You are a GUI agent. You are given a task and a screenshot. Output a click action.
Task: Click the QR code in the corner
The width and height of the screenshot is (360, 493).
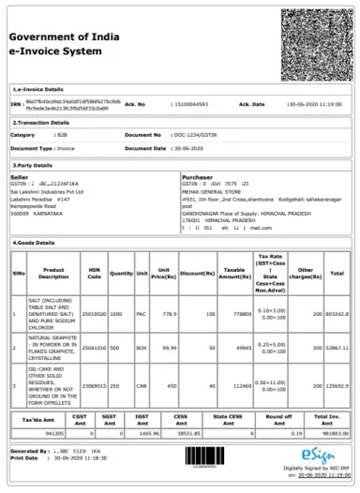pos(317,45)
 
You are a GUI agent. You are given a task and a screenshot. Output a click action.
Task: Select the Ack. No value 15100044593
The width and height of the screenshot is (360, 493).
pos(191,104)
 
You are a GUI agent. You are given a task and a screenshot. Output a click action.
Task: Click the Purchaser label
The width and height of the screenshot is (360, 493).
pos(197,178)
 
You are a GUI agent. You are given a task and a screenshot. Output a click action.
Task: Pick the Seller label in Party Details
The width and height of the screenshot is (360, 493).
pos(20,178)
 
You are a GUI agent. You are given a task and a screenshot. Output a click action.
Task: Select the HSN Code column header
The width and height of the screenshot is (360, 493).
pos(94,273)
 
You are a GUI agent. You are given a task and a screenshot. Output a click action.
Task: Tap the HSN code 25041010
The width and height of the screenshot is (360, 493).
pos(94,347)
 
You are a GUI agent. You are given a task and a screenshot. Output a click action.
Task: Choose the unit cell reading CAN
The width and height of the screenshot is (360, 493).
pos(142,386)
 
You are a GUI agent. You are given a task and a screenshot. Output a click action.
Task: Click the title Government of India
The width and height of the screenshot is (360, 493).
pos(64,37)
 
